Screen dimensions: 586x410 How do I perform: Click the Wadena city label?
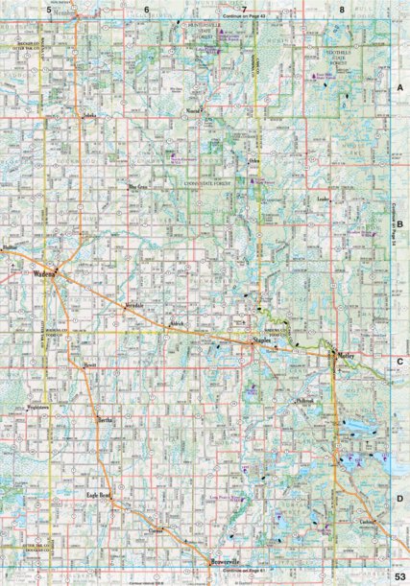44,272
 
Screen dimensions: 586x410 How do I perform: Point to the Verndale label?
133,304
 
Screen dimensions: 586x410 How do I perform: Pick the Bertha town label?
106,420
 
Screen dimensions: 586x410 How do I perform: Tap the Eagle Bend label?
100,495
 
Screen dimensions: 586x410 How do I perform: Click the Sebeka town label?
91,117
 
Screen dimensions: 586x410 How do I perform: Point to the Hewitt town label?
91,366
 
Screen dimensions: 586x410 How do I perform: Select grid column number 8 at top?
342,9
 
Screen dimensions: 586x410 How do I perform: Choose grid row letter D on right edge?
399,500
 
